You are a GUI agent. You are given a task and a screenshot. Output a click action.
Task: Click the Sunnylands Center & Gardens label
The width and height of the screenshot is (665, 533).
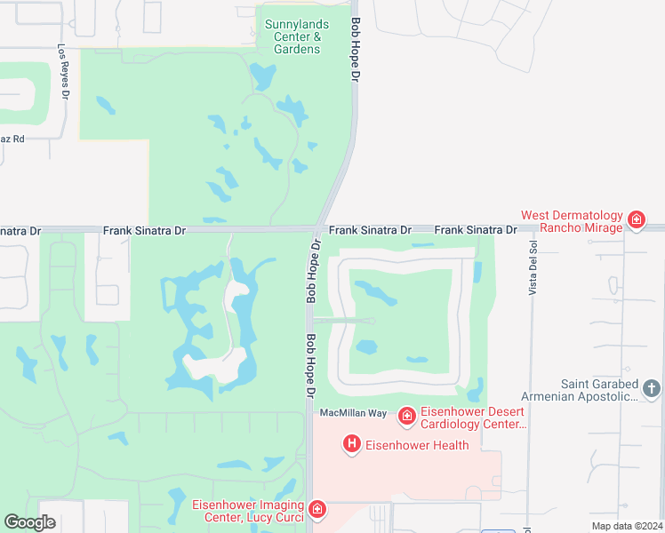tap(292, 36)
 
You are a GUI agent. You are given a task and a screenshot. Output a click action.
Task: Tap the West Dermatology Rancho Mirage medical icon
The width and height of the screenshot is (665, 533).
tap(636, 219)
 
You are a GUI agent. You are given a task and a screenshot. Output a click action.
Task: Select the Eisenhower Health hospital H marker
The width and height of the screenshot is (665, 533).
tap(352, 443)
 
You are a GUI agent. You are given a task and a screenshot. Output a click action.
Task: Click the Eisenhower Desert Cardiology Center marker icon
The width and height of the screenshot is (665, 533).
tap(406, 415)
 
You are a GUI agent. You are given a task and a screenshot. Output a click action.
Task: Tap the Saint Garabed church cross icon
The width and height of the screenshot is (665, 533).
tap(652, 388)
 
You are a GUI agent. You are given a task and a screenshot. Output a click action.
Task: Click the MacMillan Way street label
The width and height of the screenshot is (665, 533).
tap(353, 413)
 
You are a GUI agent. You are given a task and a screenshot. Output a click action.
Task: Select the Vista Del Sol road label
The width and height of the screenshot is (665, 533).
tap(533, 267)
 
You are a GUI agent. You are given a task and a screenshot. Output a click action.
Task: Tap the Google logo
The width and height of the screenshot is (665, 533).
tap(29, 522)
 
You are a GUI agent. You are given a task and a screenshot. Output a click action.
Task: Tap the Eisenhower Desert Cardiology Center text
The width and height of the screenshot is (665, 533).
tap(472, 418)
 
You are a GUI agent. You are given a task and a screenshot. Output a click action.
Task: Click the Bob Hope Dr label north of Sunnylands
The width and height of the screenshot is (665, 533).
tap(356, 51)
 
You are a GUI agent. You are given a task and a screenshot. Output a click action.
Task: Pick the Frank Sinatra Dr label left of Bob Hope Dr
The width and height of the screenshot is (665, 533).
tap(144, 230)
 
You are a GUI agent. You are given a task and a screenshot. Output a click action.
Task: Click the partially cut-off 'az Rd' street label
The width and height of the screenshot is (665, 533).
tap(12, 139)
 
